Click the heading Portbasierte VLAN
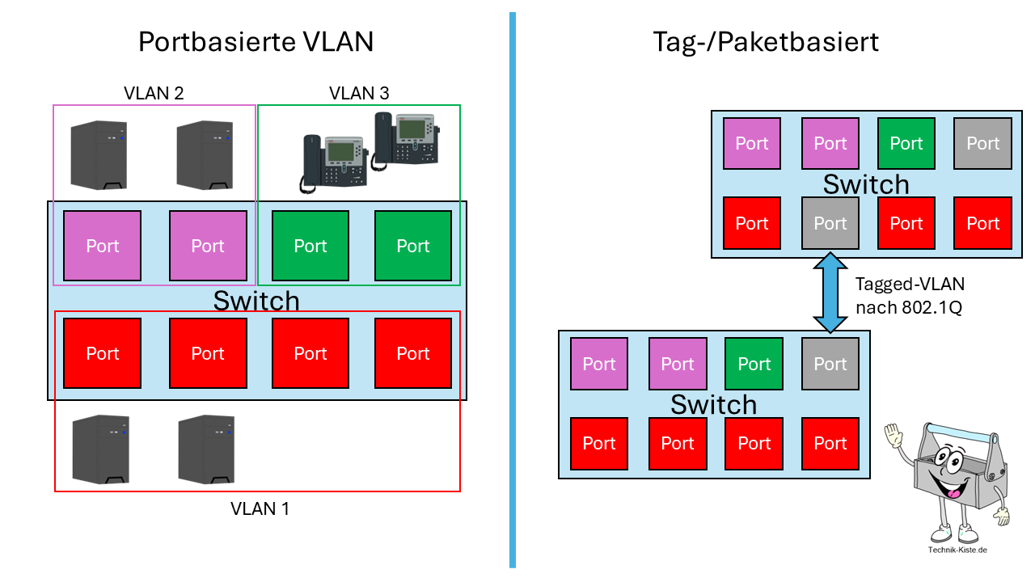tap(256, 41)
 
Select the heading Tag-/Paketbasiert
tap(765, 41)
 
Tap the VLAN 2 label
tap(154, 93)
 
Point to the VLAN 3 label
tap(359, 93)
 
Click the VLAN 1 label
tap(260, 508)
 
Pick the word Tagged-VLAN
tap(910, 285)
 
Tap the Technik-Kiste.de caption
tap(957, 550)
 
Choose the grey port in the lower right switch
tap(830, 365)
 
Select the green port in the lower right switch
tap(754, 365)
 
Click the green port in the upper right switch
tap(906, 144)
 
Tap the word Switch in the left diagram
tap(256, 301)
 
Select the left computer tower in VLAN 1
tap(99, 449)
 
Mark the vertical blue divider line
tap(512, 291)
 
